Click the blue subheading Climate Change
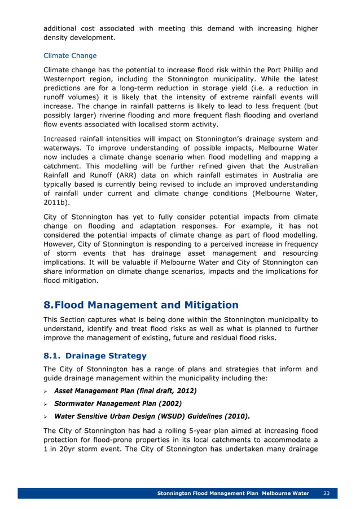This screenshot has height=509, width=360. point(70,56)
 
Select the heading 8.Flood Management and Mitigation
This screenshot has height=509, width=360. point(141,305)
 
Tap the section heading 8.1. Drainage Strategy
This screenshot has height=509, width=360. point(95,356)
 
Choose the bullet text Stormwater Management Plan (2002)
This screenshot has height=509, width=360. point(117,403)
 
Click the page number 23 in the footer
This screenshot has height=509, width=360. point(326,493)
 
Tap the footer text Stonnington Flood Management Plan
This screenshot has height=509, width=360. point(207,493)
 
